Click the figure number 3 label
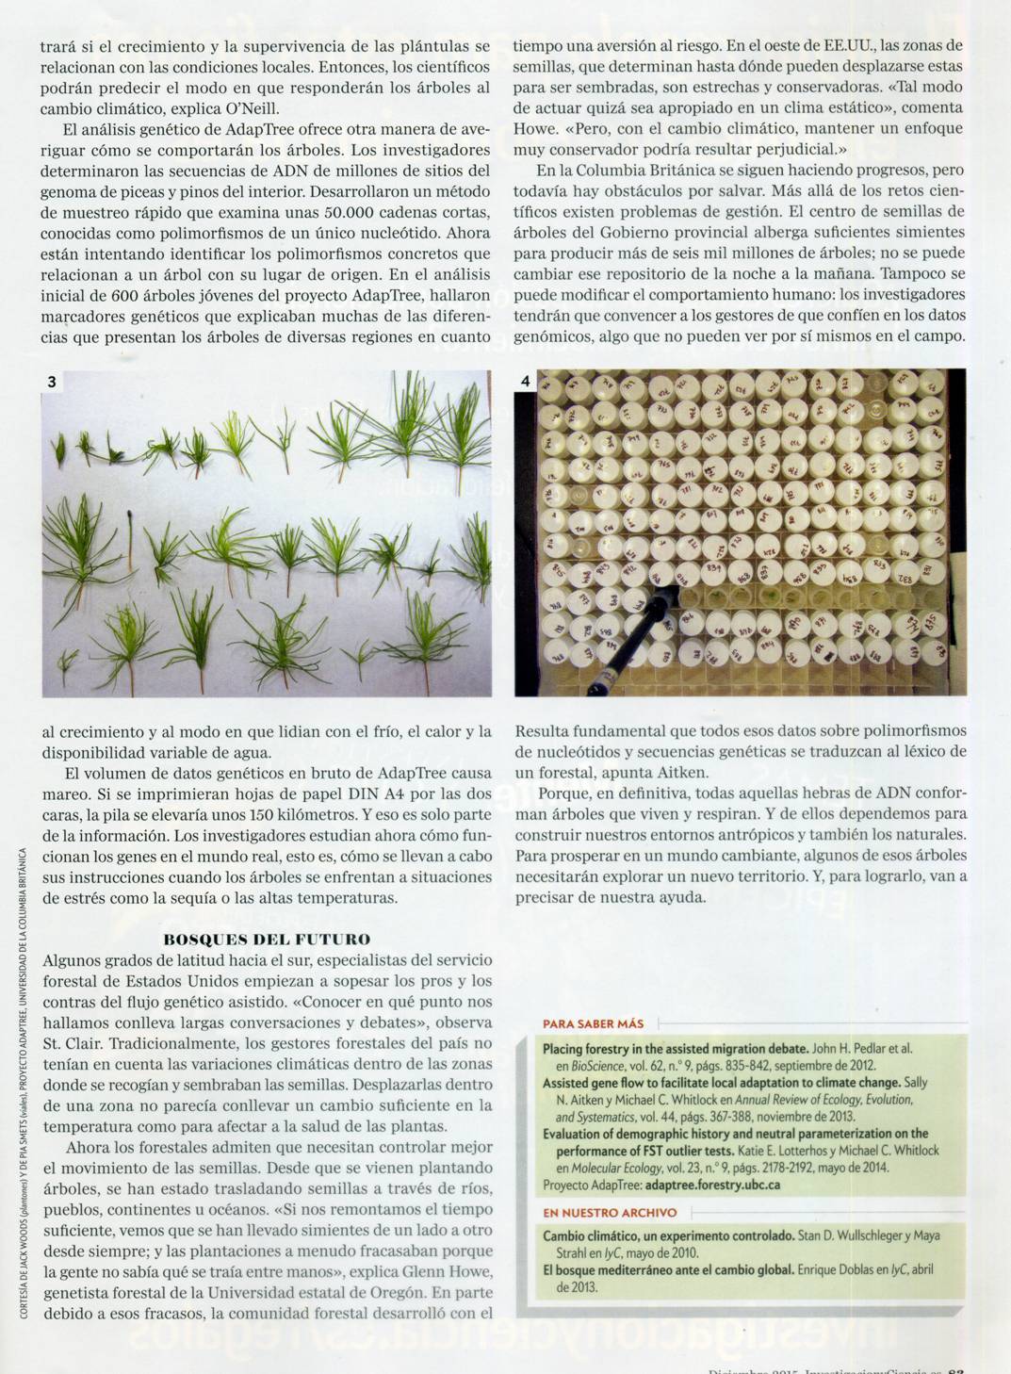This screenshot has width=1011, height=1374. (x=52, y=382)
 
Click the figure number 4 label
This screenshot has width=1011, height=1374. (x=526, y=382)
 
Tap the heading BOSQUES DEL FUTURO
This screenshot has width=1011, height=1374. (x=267, y=939)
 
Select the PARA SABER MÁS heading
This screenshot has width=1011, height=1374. (x=594, y=1023)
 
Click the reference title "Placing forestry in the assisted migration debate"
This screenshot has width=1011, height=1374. (x=676, y=1048)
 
